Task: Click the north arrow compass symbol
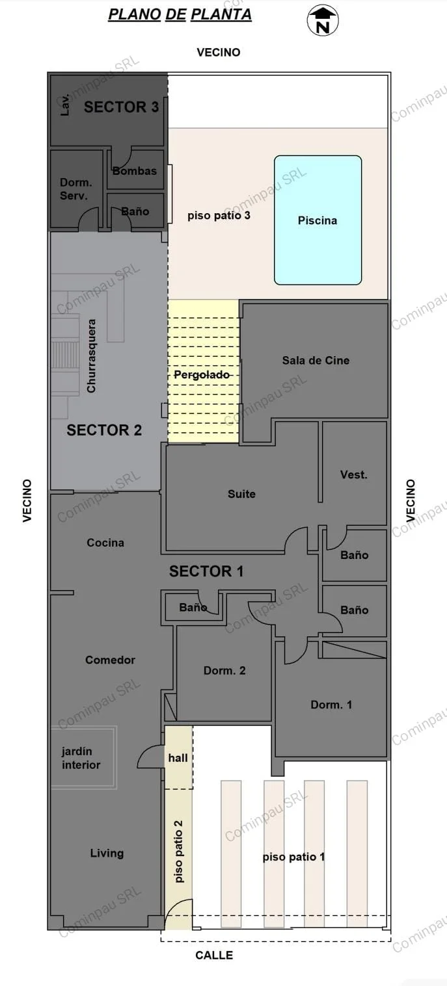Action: coord(323,21)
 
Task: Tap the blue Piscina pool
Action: coord(318,220)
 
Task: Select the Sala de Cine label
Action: coord(316,361)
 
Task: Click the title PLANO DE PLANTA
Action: coord(180,14)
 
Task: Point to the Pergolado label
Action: coord(202,374)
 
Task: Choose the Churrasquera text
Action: coord(91,356)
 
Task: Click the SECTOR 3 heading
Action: coord(121,107)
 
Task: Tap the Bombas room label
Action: coord(135,171)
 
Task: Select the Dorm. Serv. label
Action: coord(76,189)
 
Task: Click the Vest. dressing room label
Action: coord(353,474)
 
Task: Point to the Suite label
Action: coord(241,494)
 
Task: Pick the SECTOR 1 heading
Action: coord(206,571)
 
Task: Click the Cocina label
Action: coord(105,543)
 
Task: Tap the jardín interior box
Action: coord(84,757)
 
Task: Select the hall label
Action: coord(178,758)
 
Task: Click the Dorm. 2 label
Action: coord(224,670)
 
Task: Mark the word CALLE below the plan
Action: coord(214,955)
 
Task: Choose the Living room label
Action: coord(107,853)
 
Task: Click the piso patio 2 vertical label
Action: coord(178,851)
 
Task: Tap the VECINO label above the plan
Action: coord(219,53)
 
